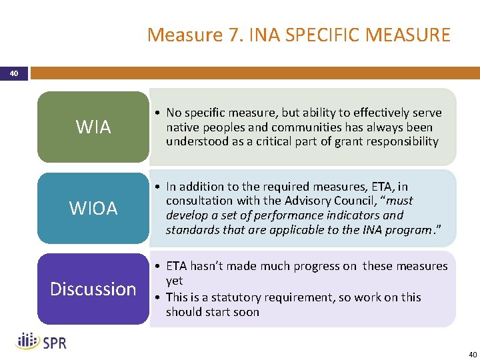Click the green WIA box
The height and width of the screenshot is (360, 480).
(93, 127)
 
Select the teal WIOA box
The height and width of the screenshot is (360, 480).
(93, 208)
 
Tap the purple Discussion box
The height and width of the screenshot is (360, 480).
(93, 289)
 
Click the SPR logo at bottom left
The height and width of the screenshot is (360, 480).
(41, 341)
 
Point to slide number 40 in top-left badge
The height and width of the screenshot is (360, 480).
(14, 73)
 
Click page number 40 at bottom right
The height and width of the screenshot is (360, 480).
(472, 354)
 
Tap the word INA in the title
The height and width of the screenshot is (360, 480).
(266, 34)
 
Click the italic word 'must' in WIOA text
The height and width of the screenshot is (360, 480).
(399, 201)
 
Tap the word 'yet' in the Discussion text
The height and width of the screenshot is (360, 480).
(175, 281)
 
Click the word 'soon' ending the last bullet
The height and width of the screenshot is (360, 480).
(246, 312)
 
